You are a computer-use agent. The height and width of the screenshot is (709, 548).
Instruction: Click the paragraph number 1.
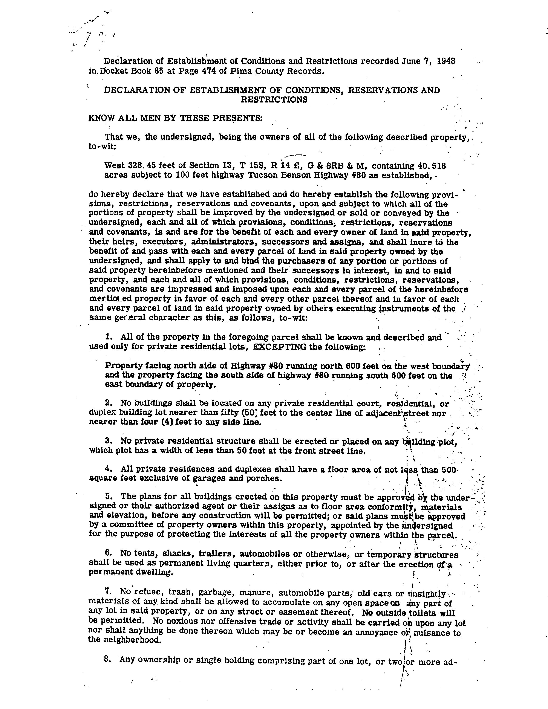(x=108, y=337)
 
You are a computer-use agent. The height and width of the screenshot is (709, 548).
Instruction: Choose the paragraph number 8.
(x=106, y=660)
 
